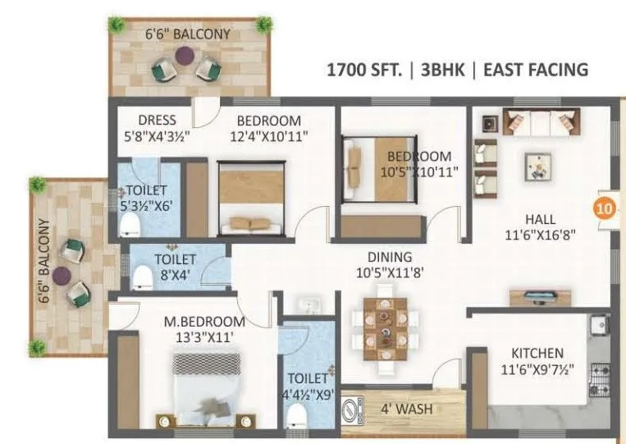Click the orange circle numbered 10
604,208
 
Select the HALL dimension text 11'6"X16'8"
541,235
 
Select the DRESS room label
157,120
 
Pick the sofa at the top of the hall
537,122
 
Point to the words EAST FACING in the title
537,70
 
